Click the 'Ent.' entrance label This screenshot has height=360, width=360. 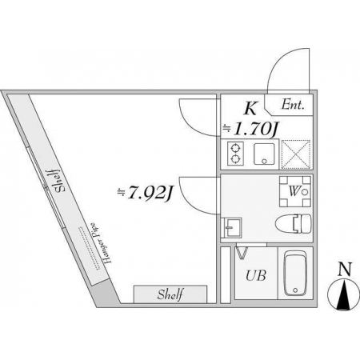[293, 105]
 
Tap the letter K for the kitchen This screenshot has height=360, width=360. [250, 109]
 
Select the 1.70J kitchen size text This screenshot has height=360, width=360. [250, 130]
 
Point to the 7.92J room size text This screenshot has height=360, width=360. [146, 193]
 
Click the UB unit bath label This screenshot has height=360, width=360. [256, 276]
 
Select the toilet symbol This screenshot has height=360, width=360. [293, 225]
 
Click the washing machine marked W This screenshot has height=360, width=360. [295, 191]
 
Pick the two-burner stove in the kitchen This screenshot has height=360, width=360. [235, 154]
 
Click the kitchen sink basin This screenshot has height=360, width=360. [264, 154]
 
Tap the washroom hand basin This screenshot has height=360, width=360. [232, 227]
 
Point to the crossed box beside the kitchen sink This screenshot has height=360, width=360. [296, 154]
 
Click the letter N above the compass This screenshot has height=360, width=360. [345, 270]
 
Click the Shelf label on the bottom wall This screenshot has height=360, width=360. [170, 294]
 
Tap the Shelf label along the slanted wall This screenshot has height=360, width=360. [58, 182]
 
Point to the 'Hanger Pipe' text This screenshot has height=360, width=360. [99, 243]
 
